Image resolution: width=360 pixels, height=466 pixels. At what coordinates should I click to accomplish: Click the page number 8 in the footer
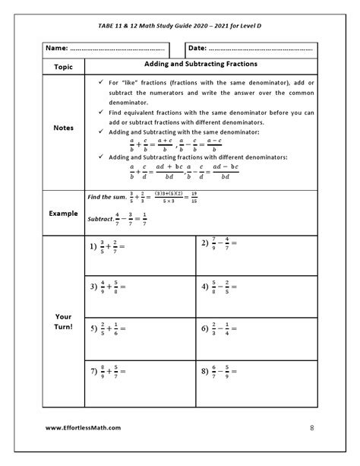(311, 428)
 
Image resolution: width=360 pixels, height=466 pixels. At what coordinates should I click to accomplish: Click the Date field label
(197, 48)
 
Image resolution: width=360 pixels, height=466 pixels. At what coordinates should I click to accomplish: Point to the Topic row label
(63, 67)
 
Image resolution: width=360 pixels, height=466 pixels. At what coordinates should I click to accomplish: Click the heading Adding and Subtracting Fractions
(201, 65)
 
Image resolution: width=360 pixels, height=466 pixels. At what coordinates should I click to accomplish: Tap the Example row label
(63, 214)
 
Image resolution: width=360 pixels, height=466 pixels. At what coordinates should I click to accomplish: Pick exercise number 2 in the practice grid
(205, 243)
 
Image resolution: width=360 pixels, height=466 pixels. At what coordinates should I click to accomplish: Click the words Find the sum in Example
(106, 197)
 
